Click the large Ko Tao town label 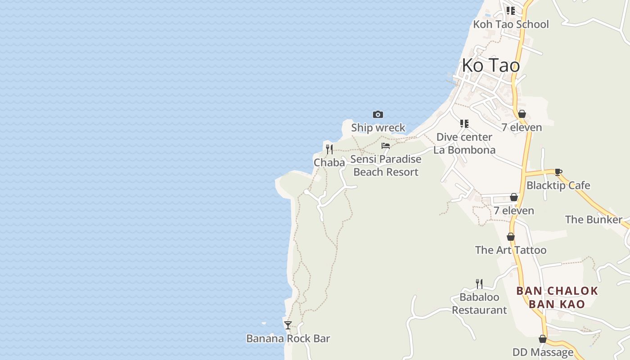click(490, 66)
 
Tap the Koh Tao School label click(511, 24)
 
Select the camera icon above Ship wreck click(378, 114)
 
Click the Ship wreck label click(378, 128)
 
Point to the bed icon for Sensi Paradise click(386, 146)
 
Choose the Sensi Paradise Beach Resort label click(386, 166)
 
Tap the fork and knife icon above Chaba click(329, 149)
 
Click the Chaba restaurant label click(329, 163)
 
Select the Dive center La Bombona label click(464, 144)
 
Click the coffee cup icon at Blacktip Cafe click(558, 172)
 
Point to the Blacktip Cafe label click(558, 185)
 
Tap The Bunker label click(594, 220)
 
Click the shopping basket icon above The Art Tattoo click(511, 237)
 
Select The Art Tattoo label click(511, 250)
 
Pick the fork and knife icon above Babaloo click(479, 283)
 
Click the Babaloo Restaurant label click(479, 304)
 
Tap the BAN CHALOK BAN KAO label click(557, 297)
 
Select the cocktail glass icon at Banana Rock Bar click(288, 325)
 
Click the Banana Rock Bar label click(288, 339)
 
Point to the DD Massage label click(543, 352)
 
